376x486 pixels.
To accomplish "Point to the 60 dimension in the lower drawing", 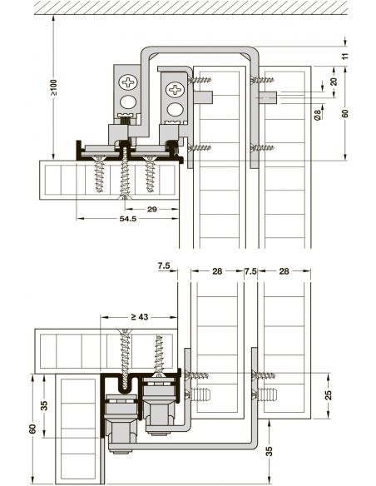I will coord(30,429).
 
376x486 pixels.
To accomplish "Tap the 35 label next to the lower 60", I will coord(44,407).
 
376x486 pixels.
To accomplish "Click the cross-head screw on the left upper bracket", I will coord(128,82).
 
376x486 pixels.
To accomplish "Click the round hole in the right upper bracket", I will coord(174,110).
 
